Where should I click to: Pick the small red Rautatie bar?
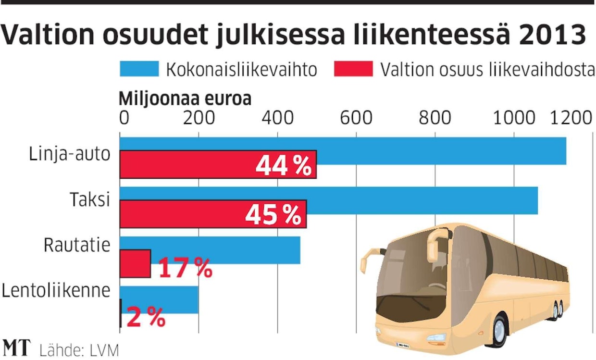[x=135, y=263]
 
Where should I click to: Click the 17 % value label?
[x=185, y=268]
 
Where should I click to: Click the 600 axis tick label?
[x=356, y=117]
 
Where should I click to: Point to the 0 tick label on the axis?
[x=124, y=117]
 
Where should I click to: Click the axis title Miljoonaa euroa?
[x=185, y=99]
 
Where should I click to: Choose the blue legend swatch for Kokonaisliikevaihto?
[x=139, y=69]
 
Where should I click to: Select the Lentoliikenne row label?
[x=57, y=291]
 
